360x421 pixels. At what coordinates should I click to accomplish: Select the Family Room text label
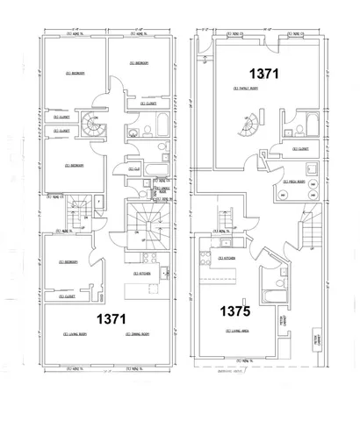pos(245,89)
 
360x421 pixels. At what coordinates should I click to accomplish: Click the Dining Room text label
pos(138,334)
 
